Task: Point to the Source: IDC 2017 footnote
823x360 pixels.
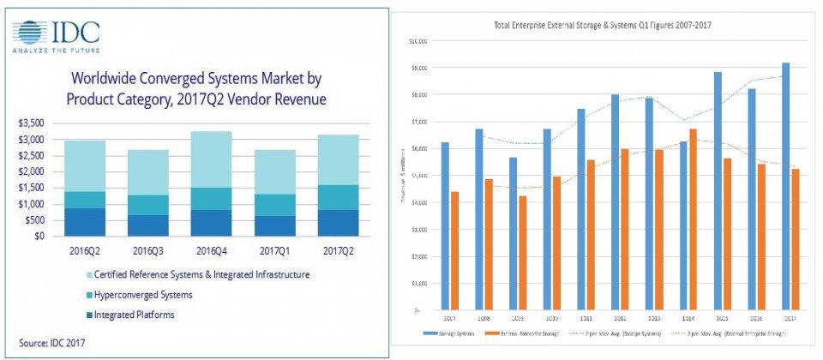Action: (51, 344)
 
